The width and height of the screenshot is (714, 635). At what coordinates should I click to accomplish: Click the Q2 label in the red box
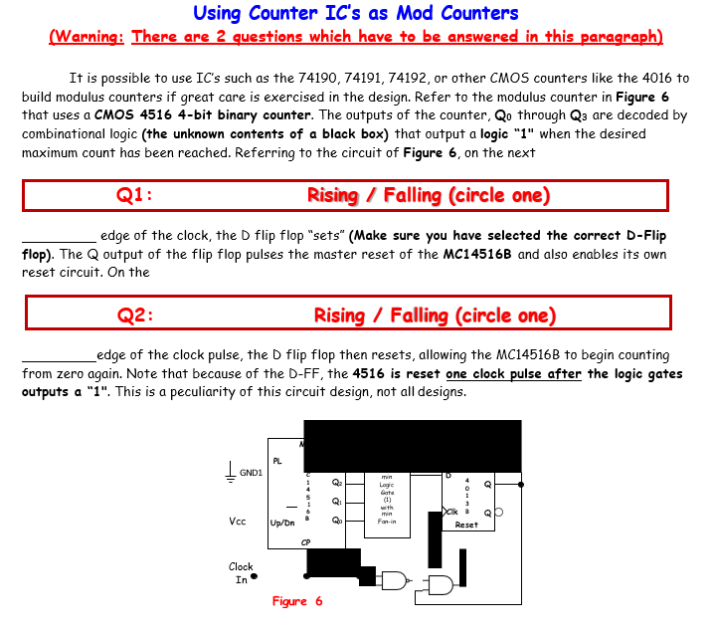tap(134, 317)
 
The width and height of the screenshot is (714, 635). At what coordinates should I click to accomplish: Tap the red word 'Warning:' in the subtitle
tap(87, 37)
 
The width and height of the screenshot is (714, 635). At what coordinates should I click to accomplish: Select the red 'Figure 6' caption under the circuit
tap(297, 602)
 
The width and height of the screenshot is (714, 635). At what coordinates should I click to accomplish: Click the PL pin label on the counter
tap(277, 460)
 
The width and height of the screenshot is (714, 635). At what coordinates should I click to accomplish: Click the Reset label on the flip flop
tap(466, 525)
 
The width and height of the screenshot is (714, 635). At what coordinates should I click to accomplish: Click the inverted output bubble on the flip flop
tap(498, 514)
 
